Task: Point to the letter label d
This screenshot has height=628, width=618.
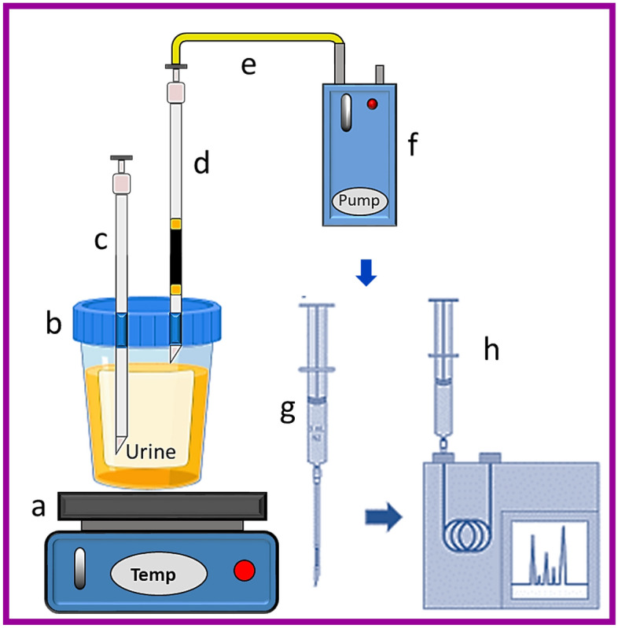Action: (x=202, y=165)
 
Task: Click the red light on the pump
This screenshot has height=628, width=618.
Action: (x=373, y=104)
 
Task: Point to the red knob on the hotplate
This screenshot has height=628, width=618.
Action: (x=245, y=571)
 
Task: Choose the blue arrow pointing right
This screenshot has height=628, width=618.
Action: (x=384, y=517)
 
